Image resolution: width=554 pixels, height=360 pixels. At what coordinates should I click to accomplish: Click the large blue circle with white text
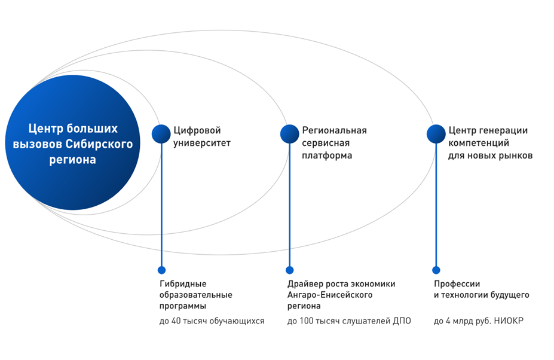pos(73,142)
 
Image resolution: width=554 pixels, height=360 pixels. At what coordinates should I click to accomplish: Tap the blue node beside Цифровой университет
pos(161,134)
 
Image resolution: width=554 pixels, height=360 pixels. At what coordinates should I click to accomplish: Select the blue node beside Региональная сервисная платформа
pos(290,134)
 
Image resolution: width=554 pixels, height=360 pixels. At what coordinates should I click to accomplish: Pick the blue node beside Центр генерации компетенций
pos(436,134)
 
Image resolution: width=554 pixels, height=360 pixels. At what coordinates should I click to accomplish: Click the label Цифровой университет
pos(202,137)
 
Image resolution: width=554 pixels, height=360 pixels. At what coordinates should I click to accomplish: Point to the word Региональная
pos(334,130)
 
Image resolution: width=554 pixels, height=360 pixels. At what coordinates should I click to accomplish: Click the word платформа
pos(327,155)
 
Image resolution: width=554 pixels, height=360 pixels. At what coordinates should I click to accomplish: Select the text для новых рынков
pos(491,155)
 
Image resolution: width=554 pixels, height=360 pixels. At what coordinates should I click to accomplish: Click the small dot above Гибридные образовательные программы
pos(161,270)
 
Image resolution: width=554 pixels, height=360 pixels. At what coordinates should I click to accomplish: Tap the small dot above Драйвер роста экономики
pos(290,270)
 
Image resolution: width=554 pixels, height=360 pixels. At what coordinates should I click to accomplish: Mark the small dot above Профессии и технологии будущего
pos(436,270)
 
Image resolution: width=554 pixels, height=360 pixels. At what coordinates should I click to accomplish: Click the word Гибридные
pos(183,283)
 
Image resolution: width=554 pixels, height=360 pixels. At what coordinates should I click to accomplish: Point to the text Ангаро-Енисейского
pos(330,295)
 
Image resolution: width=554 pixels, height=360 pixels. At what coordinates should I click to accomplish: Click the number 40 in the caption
pos(176,321)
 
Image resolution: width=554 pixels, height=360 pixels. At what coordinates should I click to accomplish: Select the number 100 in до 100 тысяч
pos(306,321)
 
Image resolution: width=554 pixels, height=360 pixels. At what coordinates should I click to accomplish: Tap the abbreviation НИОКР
pos(509,321)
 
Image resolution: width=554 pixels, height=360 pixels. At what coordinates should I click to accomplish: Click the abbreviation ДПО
pos(402,321)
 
